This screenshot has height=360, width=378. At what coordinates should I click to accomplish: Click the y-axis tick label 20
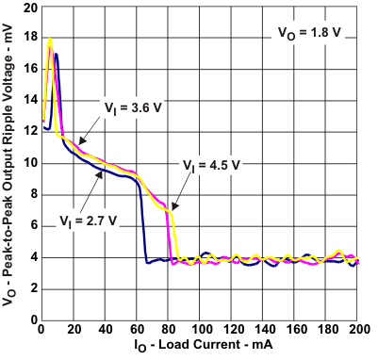pos(31,8)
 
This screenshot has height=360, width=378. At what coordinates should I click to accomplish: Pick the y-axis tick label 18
pos(31,39)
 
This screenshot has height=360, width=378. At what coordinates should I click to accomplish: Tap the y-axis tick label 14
pos(31,101)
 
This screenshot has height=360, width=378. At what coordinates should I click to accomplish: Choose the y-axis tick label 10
pos(31,163)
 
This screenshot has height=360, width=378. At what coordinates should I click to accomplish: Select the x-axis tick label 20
pos(73,329)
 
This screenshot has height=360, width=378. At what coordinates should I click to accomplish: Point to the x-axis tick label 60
pos(137,329)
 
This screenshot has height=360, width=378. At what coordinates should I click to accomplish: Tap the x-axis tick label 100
pos(201,329)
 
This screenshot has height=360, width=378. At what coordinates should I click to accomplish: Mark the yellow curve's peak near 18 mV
pos(50,39)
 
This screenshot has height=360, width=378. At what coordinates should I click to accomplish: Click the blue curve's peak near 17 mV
pos(57,54)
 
